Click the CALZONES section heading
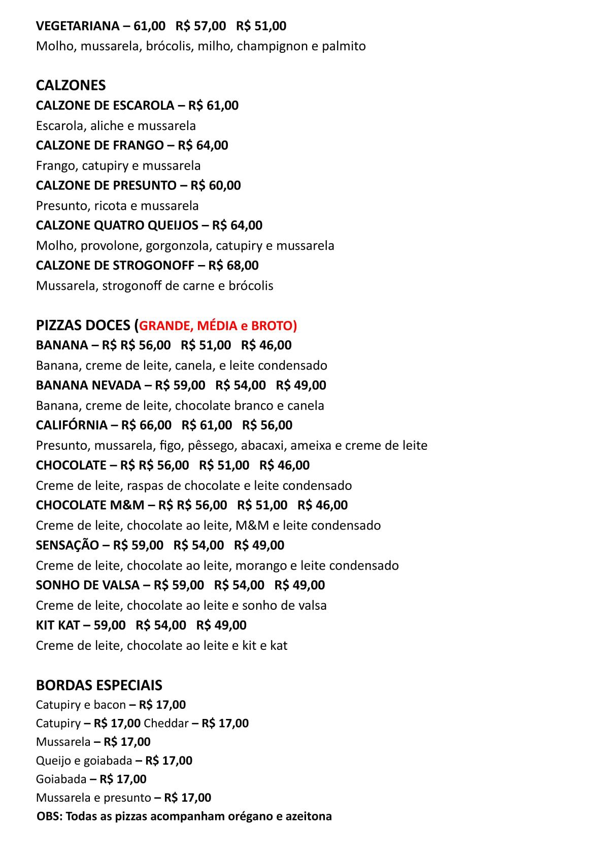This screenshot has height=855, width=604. [71, 85]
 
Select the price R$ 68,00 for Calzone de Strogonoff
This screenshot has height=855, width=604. [233, 266]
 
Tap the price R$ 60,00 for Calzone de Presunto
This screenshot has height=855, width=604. [216, 185]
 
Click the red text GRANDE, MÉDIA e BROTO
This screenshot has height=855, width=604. [218, 325]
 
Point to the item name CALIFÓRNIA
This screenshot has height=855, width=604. [72, 425]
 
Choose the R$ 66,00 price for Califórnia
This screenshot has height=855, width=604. [146, 425]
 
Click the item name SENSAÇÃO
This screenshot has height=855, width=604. [68, 545]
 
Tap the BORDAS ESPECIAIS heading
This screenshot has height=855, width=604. [99, 685]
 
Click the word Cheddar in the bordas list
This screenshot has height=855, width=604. [166, 723]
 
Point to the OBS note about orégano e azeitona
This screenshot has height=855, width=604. [184, 816]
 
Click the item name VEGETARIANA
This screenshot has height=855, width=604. [78, 26]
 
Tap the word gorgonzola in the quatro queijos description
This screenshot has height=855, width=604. [179, 246]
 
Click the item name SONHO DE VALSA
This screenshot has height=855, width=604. [87, 585]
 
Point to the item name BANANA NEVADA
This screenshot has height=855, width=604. [88, 385]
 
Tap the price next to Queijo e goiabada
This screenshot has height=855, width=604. [169, 761]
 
